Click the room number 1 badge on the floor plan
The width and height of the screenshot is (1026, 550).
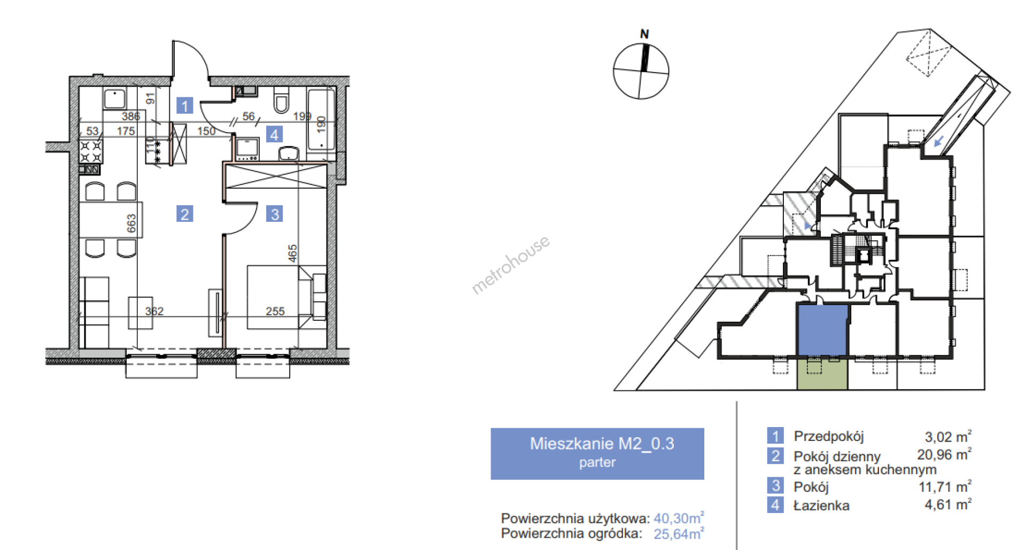point(185,105)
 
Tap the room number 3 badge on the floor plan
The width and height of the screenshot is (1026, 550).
point(275,214)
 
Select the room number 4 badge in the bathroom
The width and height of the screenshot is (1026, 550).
point(274,134)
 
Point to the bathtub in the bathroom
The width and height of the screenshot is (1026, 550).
point(321,119)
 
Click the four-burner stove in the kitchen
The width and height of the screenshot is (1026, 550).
point(91,151)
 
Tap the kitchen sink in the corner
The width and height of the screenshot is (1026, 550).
point(114,99)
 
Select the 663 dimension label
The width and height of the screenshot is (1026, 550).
point(131,223)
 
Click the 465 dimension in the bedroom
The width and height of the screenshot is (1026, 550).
point(292,253)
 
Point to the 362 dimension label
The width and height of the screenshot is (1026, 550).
point(154,311)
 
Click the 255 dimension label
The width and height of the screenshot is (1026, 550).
point(275,311)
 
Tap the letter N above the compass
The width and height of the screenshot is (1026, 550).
point(644,34)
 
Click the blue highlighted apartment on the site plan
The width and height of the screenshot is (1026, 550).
point(822,330)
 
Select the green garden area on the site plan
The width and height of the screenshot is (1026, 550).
point(822,373)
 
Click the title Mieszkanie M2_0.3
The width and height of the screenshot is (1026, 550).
point(602,443)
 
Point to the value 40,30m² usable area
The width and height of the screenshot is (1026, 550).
point(679,518)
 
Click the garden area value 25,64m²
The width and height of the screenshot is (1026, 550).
point(679,533)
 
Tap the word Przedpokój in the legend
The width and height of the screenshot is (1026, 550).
point(828,436)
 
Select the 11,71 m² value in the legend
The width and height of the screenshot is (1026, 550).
point(945,486)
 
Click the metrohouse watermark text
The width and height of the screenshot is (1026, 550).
point(510,265)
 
